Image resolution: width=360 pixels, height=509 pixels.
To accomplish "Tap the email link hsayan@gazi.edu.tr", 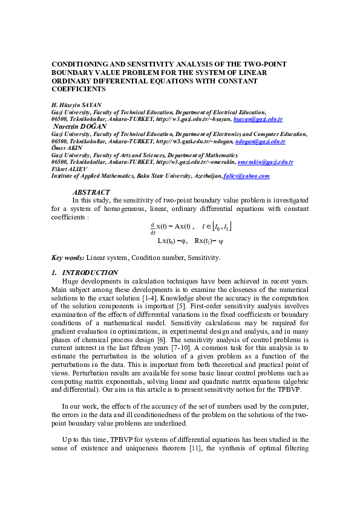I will pyautogui.click(x=258, y=120).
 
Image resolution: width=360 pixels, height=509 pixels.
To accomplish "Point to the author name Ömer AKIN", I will pyautogui.click(x=66, y=148).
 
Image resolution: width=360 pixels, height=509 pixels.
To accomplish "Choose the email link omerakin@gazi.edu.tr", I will pyautogui.click(x=265, y=162).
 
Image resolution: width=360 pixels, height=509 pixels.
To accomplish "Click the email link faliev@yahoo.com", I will pyautogui.click(x=246, y=176).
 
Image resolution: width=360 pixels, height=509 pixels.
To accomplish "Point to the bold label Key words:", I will pyautogui.click(x=68, y=258).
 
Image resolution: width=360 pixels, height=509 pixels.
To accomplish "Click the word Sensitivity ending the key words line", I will pyautogui.click(x=186, y=258).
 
